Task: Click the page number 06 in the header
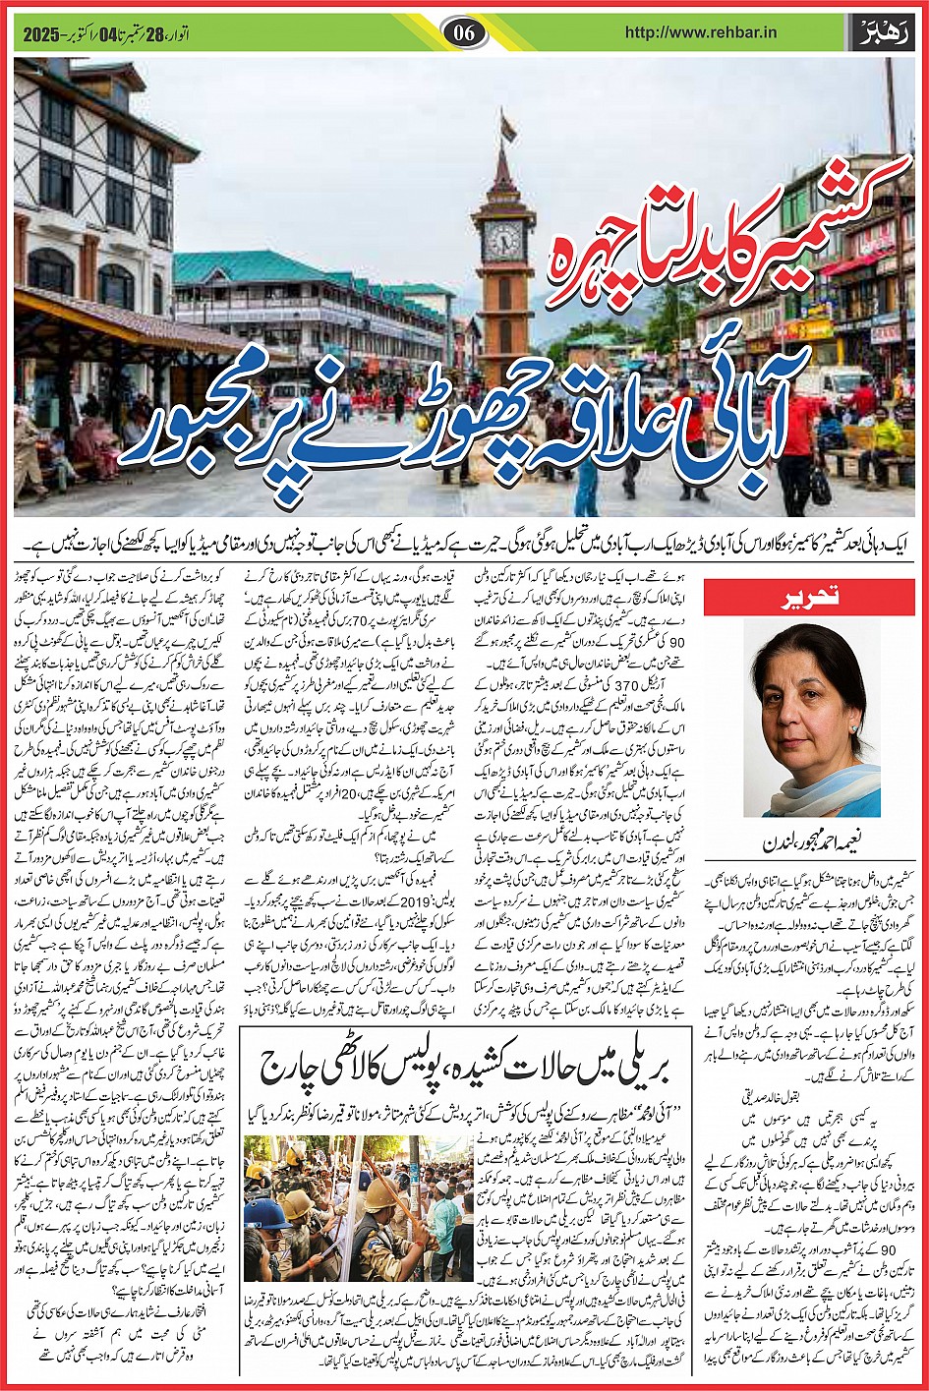pos(465,31)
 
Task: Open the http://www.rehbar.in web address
pos(701,31)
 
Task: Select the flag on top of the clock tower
pos(507,127)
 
